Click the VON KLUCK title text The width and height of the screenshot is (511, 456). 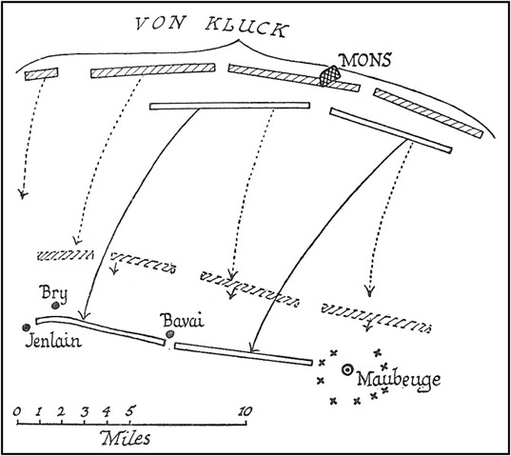(x=212, y=27)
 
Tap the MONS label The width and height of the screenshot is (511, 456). (x=365, y=60)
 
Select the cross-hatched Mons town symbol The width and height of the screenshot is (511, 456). (x=329, y=75)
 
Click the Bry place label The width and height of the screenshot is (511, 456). (x=54, y=293)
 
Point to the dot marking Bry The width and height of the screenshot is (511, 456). (x=55, y=306)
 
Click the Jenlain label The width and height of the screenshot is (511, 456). (x=53, y=341)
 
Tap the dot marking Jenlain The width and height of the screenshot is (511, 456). (x=26, y=327)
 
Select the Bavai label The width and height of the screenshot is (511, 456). (x=183, y=321)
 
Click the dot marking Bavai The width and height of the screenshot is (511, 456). (x=169, y=334)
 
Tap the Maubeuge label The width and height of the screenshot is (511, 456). (x=399, y=381)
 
